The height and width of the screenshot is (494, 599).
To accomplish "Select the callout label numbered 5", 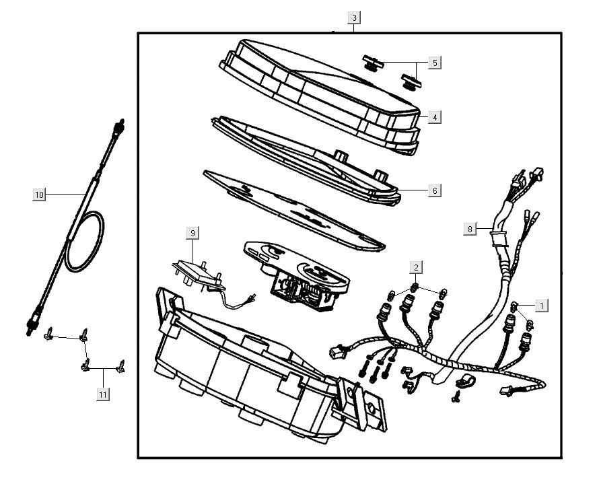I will point(434,63).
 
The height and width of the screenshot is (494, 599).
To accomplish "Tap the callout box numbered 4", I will point(435,117).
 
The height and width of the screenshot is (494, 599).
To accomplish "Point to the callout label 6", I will point(435,190).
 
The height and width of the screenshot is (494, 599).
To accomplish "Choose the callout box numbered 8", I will point(470,229).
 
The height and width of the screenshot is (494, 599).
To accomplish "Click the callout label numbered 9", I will point(192,233).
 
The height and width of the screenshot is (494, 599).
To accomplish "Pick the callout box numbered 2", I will point(417,268).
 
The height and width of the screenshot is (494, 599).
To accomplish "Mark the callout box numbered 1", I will point(540,306).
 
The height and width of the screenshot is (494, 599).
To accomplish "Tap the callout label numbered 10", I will point(39,195).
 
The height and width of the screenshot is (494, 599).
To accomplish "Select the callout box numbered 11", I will point(102,394).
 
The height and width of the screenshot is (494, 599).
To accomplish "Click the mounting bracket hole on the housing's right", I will point(370,407).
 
